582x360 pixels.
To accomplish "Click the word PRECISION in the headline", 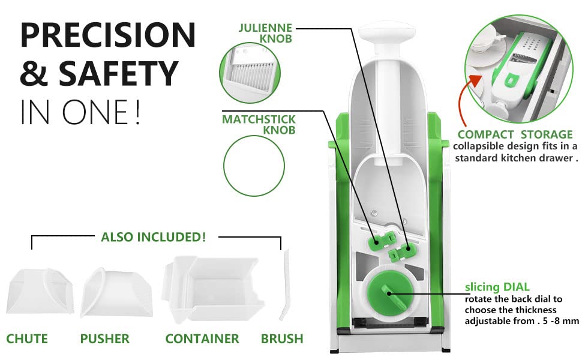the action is [107, 35].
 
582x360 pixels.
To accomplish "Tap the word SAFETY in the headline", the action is [118, 73].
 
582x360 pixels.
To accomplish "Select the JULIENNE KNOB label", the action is [265, 33].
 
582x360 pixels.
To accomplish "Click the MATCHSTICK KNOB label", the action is [259, 125].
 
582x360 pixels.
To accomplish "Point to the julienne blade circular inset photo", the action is [250, 73].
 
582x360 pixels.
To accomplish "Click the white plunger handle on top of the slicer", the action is [387, 33].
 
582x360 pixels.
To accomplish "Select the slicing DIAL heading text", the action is [497, 287].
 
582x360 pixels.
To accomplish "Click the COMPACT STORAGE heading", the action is [515, 134].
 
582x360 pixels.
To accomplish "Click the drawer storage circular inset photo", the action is [518, 70].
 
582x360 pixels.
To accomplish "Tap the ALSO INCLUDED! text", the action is [153, 237].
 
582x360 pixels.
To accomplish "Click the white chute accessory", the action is [40, 291].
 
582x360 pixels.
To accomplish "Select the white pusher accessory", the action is [116, 292].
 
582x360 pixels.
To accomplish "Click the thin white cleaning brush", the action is [284, 284].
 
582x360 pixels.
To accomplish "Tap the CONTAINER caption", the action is [202, 339].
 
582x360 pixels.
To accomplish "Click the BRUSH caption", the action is [282, 339].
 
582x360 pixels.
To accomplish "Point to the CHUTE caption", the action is [27, 339].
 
